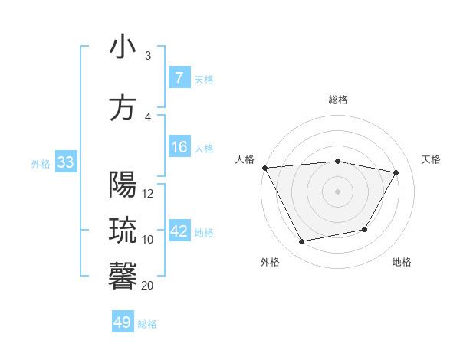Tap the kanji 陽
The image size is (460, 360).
[x=123, y=184]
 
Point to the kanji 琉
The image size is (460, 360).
[x=123, y=230]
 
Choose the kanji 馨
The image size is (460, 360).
[x=123, y=275]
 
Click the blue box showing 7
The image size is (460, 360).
[x=179, y=78]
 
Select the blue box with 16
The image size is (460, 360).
[x=179, y=147]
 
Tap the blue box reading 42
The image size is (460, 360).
[x=179, y=231]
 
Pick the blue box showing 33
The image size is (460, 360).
[x=65, y=162]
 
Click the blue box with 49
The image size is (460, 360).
[x=123, y=322]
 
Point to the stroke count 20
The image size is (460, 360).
[x=148, y=286]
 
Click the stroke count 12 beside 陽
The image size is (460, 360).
[x=148, y=194]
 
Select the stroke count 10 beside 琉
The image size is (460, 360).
[x=148, y=240]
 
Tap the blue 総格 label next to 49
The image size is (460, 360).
[x=147, y=324]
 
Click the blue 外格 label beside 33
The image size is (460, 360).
[x=41, y=163]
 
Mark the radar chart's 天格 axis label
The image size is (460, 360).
[x=431, y=159]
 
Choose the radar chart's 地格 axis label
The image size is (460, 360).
[x=402, y=262]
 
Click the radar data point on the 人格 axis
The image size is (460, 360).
[x=264, y=168]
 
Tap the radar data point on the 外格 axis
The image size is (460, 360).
[x=302, y=242]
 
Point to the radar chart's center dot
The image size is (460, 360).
[x=337, y=191]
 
